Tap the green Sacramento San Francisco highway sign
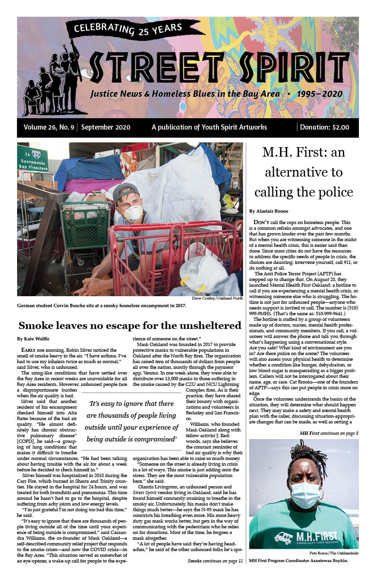[32, 159]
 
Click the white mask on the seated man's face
[133, 213]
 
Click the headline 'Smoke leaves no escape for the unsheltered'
[130, 326]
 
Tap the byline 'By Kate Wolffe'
[33, 339]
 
